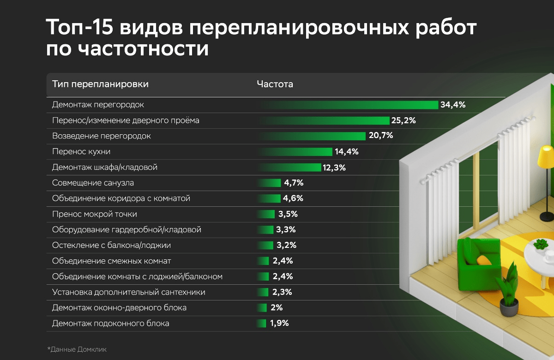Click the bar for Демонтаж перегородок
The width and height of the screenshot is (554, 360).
[349, 105]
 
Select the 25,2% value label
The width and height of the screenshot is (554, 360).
[404, 121]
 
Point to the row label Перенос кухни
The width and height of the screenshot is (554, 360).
[81, 152]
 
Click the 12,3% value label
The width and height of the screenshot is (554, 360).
[334, 168]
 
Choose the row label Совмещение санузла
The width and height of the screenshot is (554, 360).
[93, 183]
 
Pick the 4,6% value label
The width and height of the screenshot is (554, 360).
[294, 198]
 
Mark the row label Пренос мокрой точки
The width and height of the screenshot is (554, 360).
[95, 214]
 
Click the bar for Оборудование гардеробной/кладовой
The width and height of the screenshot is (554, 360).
[266, 229]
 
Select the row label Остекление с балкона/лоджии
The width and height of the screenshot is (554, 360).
[114, 245]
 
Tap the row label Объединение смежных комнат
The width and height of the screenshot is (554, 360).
[112, 261]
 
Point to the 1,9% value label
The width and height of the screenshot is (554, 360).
[279, 324]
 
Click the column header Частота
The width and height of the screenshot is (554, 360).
[275, 84]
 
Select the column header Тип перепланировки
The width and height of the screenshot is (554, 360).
[100, 84]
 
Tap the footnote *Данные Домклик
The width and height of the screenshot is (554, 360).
[77, 349]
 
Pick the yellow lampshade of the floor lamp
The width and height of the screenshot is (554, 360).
[547, 157]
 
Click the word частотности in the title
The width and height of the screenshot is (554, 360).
[127, 48]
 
